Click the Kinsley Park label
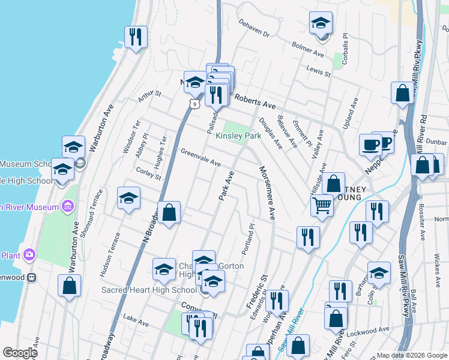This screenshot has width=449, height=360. click(239, 136)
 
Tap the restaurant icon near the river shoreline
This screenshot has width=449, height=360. click(136, 37)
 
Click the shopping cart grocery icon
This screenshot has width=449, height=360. click(322, 206)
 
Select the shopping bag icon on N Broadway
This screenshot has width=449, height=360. click(169, 212)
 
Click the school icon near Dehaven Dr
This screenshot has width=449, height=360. click(321, 23)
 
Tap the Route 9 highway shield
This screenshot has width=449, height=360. click(193, 104)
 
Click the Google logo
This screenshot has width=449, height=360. click(20, 353)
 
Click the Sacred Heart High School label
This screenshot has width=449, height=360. click(140, 290)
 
